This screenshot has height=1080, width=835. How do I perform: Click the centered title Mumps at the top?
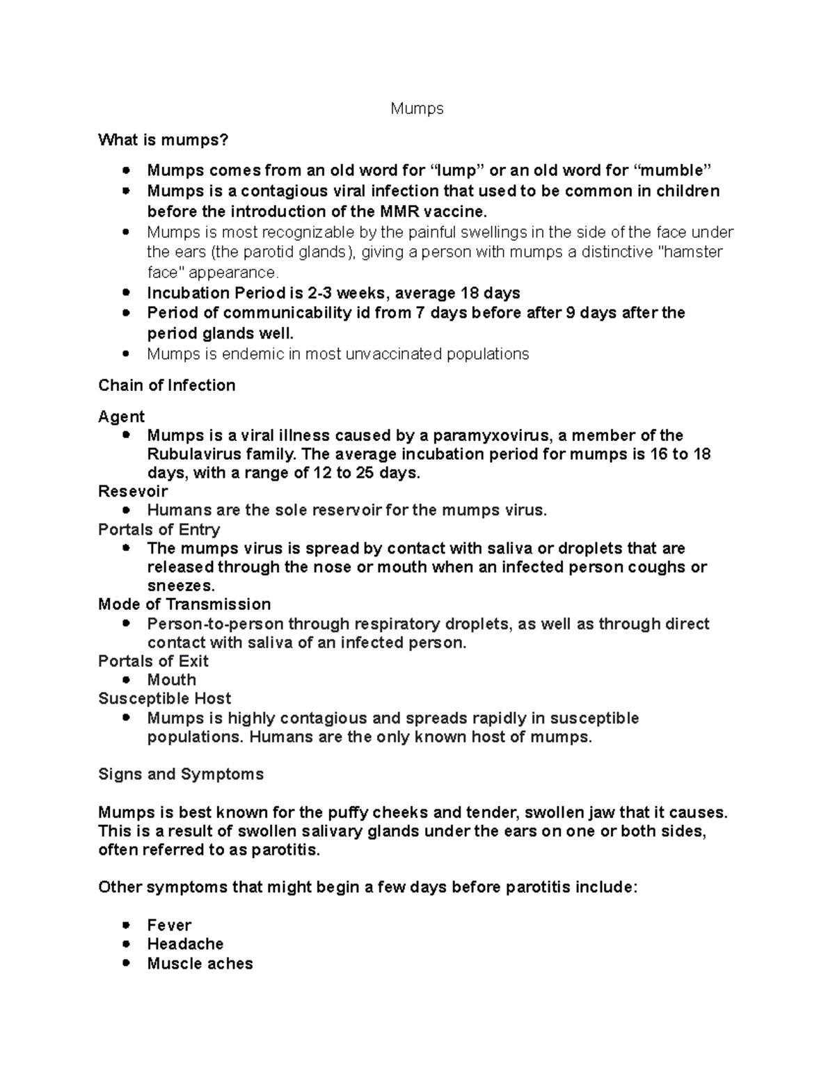point(417,109)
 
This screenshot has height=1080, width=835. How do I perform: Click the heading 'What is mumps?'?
point(163,140)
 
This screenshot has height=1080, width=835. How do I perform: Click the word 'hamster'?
point(693,252)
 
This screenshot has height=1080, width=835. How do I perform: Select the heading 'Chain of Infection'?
point(167,385)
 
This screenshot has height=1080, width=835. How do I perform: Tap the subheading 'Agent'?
point(121,417)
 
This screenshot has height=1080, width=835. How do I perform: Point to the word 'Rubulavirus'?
point(188,455)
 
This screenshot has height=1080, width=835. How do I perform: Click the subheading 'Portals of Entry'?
point(159,529)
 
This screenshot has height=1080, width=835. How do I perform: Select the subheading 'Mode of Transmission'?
point(184,604)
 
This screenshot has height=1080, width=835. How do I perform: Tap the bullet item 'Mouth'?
point(171,679)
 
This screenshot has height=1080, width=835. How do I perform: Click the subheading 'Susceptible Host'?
point(164,698)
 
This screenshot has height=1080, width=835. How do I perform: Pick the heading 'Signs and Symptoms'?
point(181,774)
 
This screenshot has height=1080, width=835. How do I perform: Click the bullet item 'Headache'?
point(185,944)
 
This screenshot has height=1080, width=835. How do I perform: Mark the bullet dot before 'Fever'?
point(125,925)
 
